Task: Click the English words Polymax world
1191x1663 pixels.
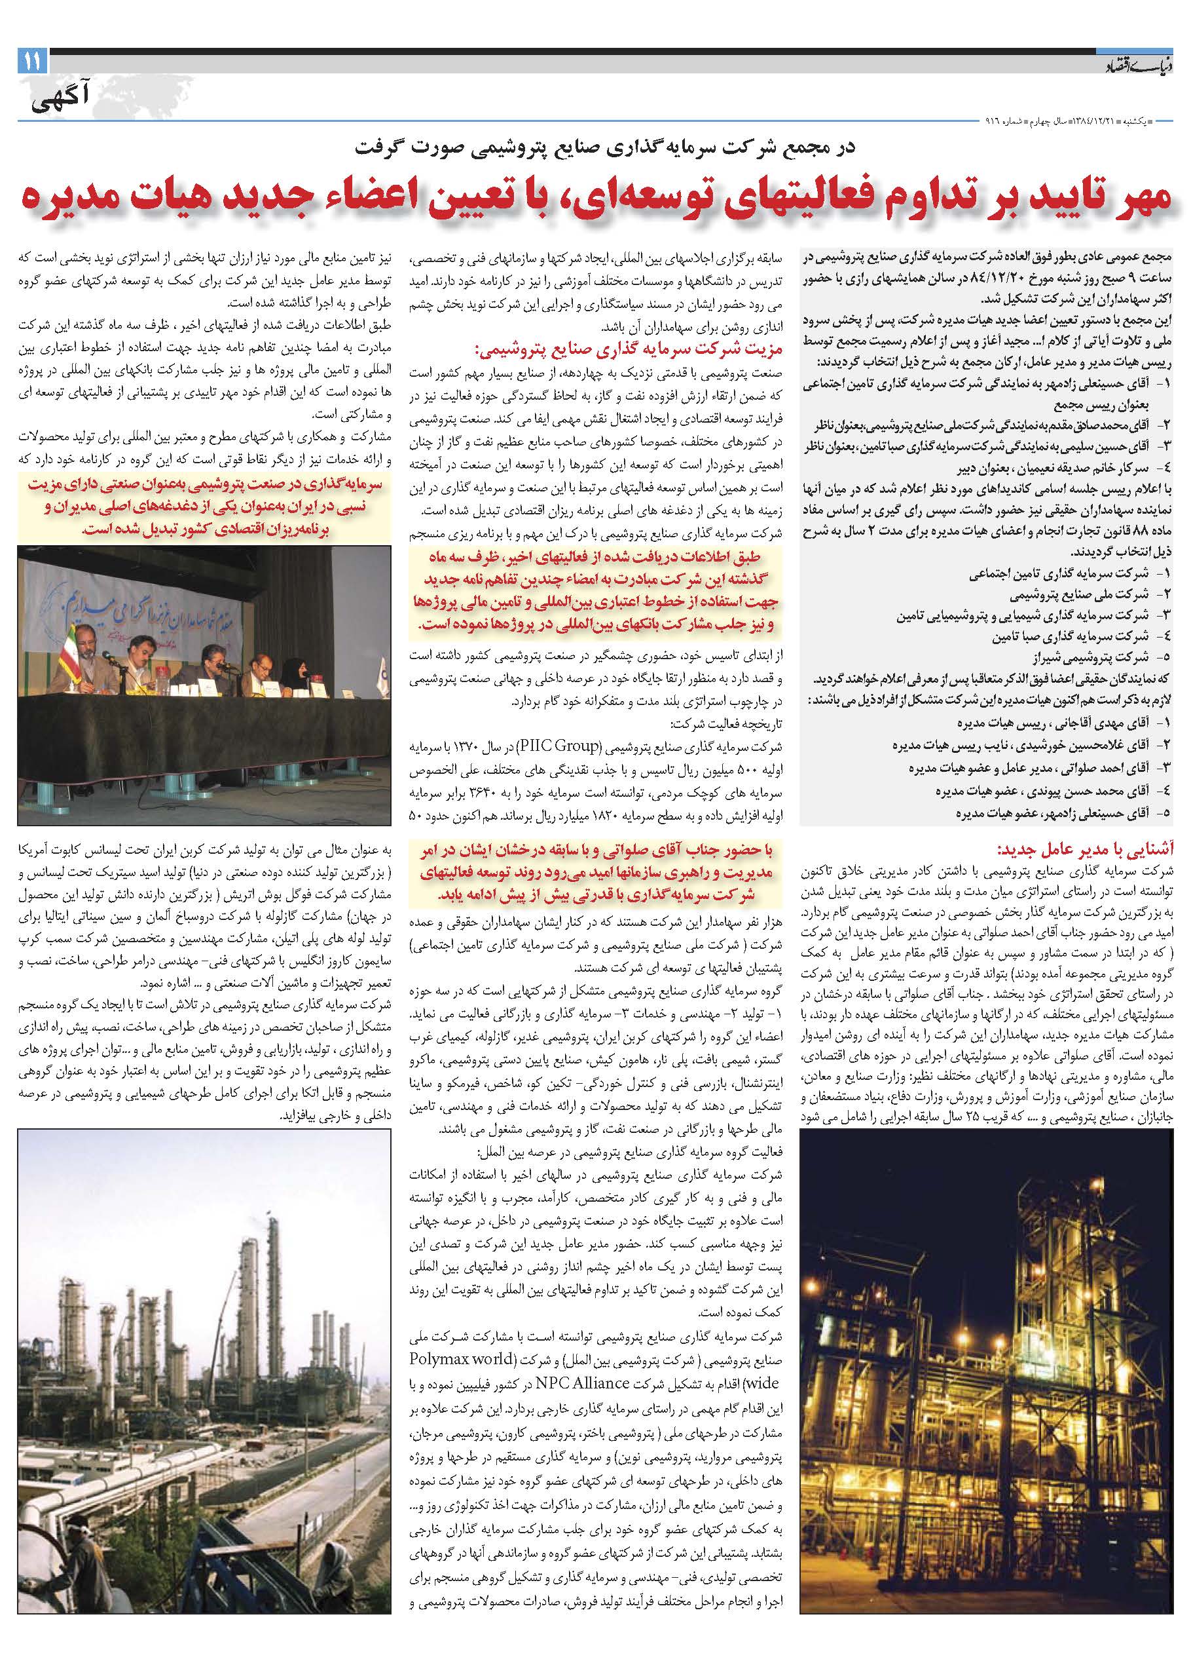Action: [736, 1379]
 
